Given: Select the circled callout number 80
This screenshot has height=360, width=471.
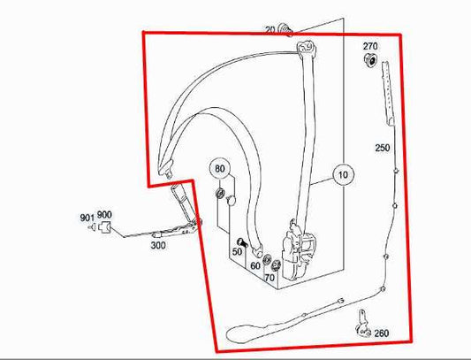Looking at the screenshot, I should click(220, 168).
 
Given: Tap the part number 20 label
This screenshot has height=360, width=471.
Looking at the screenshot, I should click(270, 29).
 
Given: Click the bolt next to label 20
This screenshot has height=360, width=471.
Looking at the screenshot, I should click(285, 31).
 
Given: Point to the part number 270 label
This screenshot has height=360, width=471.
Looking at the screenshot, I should click(369, 46).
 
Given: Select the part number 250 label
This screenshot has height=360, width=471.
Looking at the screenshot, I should click(382, 147).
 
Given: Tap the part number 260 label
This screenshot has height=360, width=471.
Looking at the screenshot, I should click(381, 333).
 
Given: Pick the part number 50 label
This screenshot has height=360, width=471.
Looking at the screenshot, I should click(237, 253).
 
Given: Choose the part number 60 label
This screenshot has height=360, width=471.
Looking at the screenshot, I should click(255, 264).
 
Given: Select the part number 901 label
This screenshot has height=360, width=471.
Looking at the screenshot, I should click(87, 217).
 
